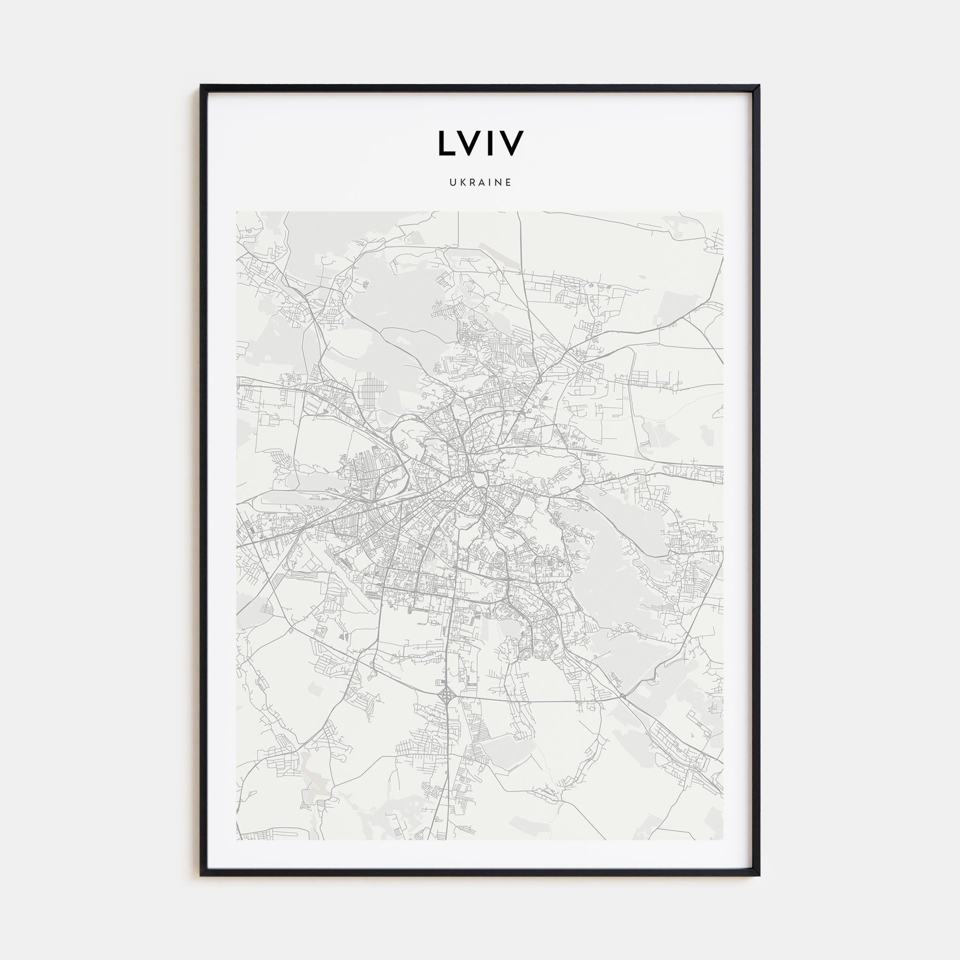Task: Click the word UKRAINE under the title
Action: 480,183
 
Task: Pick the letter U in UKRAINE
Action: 452,183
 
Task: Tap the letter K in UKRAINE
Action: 462,183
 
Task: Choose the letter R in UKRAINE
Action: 471,183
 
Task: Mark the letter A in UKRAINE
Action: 480,183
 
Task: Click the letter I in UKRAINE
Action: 489,183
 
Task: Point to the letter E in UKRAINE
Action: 508,183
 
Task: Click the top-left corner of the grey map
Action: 237,212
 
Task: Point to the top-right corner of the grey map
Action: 723,212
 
